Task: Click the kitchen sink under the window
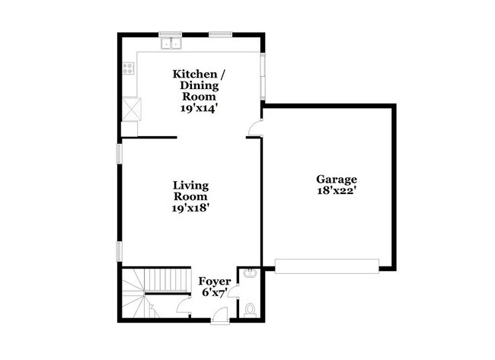tap(171, 43)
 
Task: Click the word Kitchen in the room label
tap(193, 74)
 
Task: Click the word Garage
tap(337, 180)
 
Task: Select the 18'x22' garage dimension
tap(337, 192)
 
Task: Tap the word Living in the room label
tap(190, 185)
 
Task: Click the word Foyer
tap(215, 282)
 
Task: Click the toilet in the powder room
tap(251, 309)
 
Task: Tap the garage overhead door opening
tap(327, 265)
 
